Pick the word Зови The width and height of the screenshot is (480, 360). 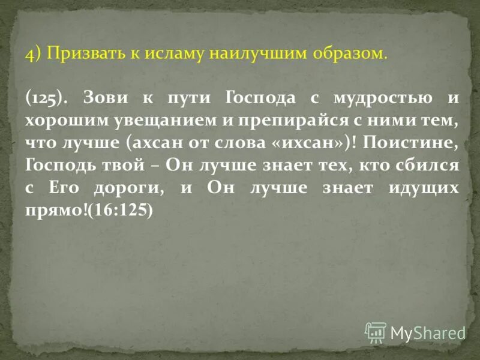pos(102,97)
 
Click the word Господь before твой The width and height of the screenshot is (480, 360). pos(60,164)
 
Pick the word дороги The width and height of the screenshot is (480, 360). pos(130,187)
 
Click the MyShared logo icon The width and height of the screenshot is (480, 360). pos(376,331)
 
